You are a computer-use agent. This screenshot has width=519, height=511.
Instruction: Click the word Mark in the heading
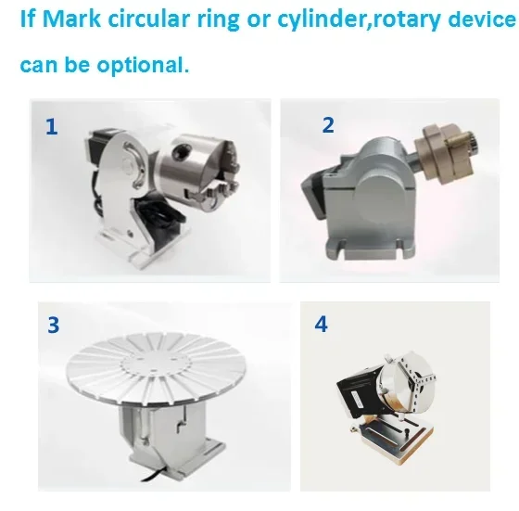click(71, 19)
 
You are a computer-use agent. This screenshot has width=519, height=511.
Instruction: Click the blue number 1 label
click(51, 127)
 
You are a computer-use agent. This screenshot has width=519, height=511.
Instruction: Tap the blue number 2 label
click(328, 125)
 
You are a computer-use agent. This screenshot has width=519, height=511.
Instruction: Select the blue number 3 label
click(54, 326)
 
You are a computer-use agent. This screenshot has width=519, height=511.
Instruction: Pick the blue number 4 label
click(321, 325)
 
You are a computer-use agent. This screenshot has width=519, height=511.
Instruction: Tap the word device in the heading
click(482, 19)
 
